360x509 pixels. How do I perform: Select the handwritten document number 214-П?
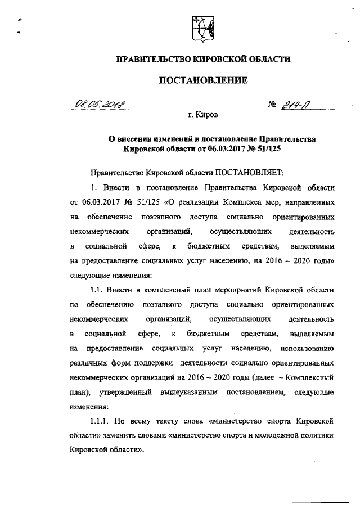click(308, 104)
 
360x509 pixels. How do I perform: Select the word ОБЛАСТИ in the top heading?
click(269, 59)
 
